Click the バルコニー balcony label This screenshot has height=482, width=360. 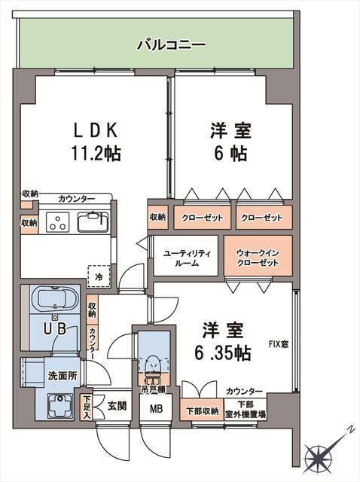[171, 45]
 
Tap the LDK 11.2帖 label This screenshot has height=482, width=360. [93, 142]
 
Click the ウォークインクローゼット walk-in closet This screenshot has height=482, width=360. [258, 258]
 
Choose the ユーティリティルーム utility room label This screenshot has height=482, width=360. [188, 258]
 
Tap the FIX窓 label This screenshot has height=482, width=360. [279, 346]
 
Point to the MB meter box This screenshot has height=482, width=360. [156, 410]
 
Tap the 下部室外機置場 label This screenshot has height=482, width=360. [244, 410]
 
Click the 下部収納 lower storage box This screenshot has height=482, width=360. [203, 411]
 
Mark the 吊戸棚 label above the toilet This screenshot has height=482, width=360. [154, 390]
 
